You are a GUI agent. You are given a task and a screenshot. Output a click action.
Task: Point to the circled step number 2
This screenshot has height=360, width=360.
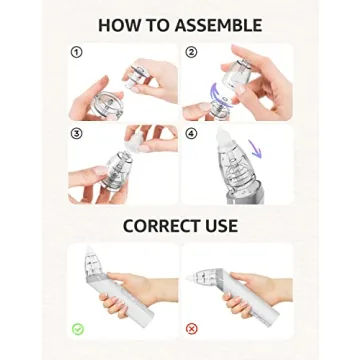pyautogui.click(x=191, y=51)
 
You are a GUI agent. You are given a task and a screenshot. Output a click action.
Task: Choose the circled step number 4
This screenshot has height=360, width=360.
pyautogui.click(x=191, y=132)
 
